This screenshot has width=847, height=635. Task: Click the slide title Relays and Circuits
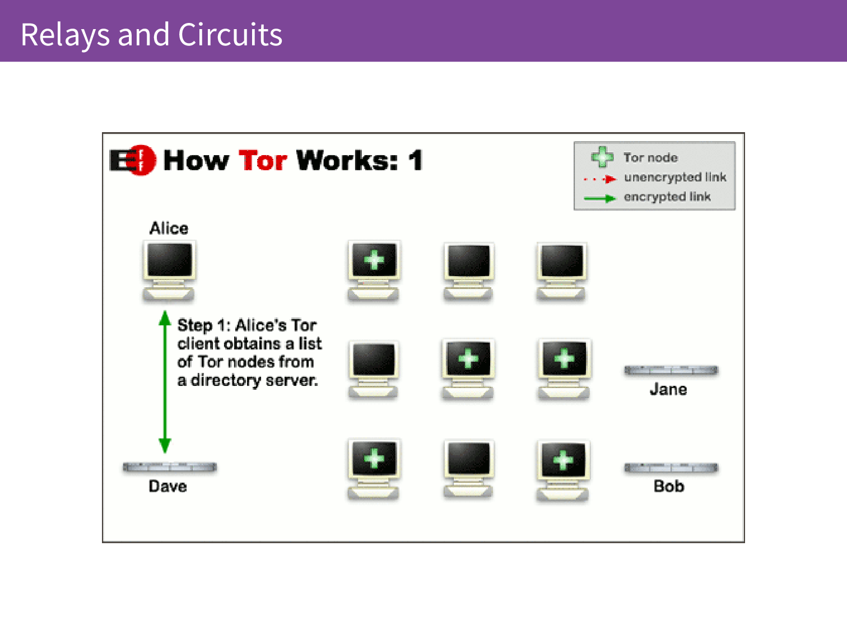tap(151, 35)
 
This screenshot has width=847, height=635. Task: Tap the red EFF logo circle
tap(142, 160)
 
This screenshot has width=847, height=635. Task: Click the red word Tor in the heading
tap(263, 160)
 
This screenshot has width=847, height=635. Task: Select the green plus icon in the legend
tap(602, 157)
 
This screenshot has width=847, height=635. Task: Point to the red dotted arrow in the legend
tap(600, 179)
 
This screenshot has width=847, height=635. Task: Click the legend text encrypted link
tap(667, 197)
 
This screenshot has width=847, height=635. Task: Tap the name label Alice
tap(169, 228)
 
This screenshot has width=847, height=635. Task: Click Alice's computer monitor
tap(169, 270)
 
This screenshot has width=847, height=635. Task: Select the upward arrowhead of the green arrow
tap(165, 317)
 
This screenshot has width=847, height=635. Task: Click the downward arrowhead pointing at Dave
tap(165, 446)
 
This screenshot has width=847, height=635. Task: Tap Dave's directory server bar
tap(170, 467)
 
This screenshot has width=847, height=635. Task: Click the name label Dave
tap(168, 486)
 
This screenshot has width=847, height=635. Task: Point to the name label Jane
tap(668, 389)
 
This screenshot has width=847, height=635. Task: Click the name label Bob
tap(669, 486)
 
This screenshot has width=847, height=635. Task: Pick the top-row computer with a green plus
tap(374, 270)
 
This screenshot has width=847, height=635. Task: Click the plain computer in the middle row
tap(373, 370)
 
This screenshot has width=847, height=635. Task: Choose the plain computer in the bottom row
tap(468, 469)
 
